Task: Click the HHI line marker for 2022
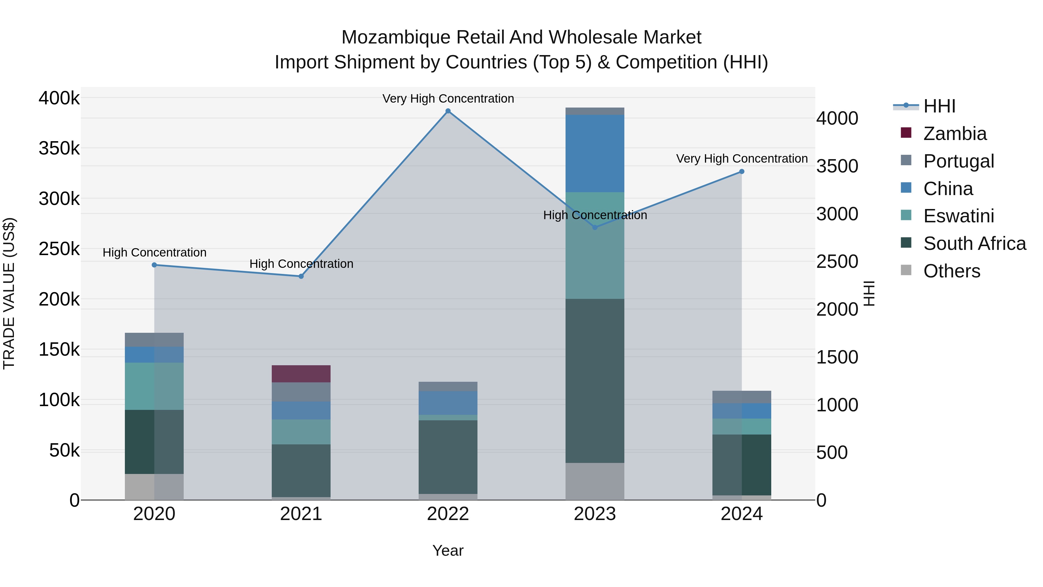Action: click(448, 111)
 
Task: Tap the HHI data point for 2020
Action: click(154, 265)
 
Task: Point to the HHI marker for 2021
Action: click(301, 276)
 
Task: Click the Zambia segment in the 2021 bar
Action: click(301, 374)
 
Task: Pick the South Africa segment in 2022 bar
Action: click(448, 457)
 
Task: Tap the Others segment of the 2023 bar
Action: click(595, 481)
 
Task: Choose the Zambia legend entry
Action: click(955, 134)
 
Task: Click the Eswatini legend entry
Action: click(958, 216)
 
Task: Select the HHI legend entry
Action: click(939, 106)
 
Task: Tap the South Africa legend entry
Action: click(974, 243)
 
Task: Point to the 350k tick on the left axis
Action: click(59, 149)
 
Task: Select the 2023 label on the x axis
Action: click(595, 514)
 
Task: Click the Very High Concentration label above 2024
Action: click(742, 158)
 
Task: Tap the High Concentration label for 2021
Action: click(301, 264)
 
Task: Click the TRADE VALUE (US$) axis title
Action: click(9, 293)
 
